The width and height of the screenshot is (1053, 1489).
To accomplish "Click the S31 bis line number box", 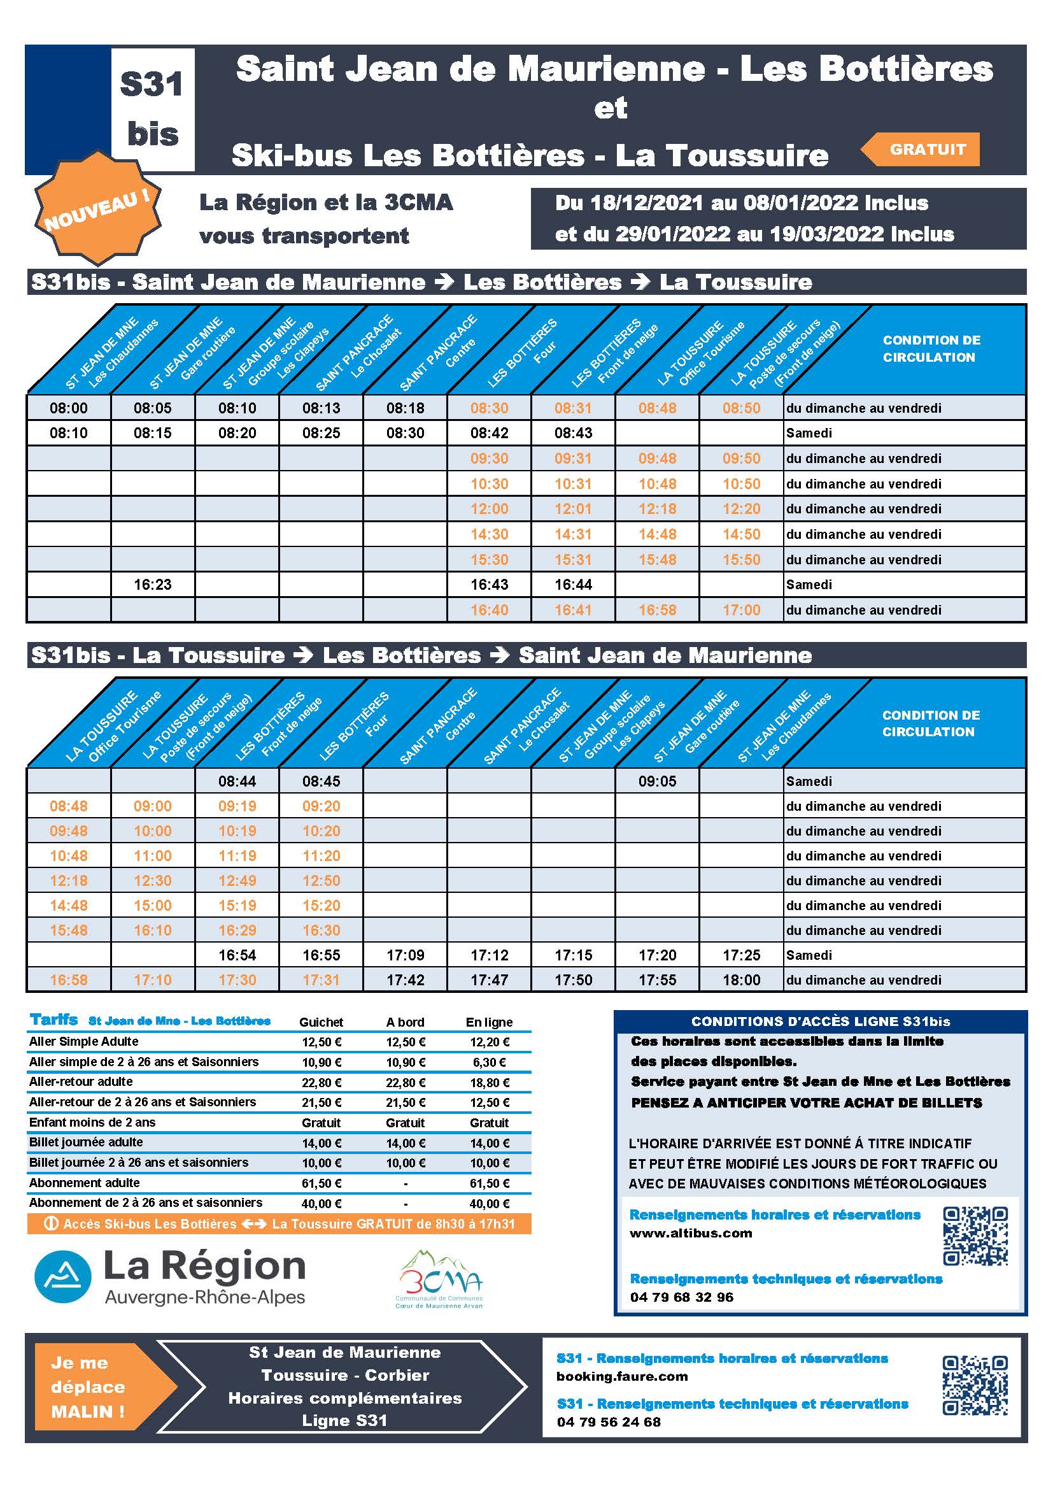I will (x=152, y=109).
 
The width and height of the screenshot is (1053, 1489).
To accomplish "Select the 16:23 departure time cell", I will (x=152, y=584).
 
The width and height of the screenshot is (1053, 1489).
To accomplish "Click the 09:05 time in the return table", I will (x=657, y=781).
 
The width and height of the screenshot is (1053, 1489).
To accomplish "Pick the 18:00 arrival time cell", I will (x=741, y=980).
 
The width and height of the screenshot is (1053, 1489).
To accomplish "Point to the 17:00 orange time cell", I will (x=741, y=609).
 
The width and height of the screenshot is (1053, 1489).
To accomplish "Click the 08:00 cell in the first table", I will (x=69, y=408).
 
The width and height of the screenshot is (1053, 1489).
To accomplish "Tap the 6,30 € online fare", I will (x=490, y=1062).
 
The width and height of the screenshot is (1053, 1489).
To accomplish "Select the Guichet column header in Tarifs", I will (x=321, y=1022).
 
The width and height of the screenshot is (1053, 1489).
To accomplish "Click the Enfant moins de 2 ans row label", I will (x=92, y=1122).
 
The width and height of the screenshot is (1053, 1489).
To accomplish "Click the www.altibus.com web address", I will (x=691, y=1233).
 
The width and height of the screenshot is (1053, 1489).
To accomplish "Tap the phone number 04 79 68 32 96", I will (x=681, y=1297).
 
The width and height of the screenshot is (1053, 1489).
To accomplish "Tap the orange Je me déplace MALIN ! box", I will (x=89, y=1386).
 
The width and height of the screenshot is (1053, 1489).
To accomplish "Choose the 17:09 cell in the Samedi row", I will (x=406, y=955).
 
